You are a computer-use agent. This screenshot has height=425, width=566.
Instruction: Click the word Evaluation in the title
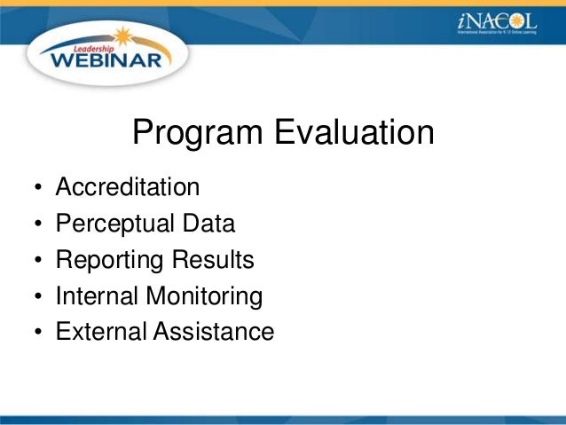353,134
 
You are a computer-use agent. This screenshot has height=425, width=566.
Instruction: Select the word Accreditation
127,188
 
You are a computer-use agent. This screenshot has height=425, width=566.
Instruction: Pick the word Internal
98,295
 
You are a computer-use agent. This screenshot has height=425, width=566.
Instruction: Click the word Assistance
215,332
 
